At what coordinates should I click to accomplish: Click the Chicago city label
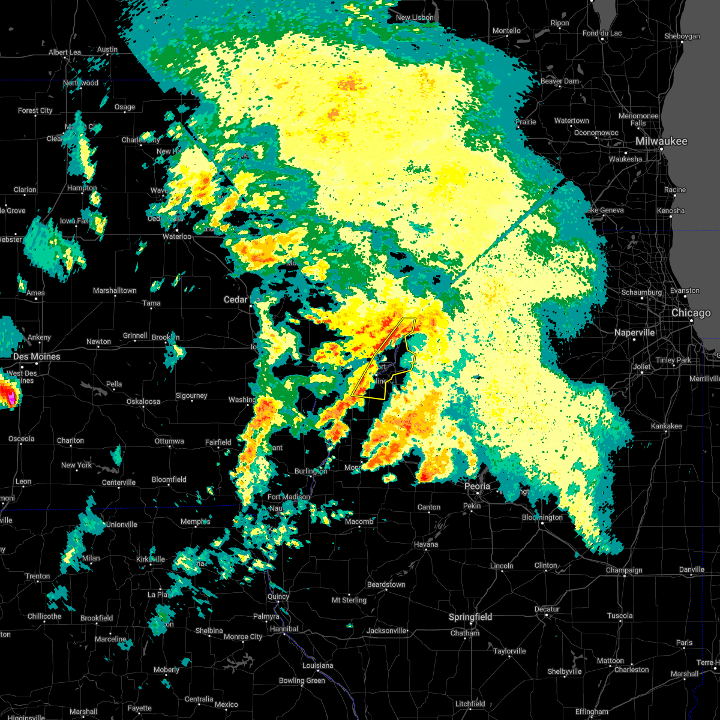point(691,313)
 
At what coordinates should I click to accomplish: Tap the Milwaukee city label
point(661,142)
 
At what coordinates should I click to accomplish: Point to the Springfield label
point(471,617)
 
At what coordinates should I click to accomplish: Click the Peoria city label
point(477,486)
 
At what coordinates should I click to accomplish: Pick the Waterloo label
point(176,236)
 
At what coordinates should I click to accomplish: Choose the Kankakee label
point(666,426)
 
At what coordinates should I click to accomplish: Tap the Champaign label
point(624,570)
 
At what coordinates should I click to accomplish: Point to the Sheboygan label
point(682,36)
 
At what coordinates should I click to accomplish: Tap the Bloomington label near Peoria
point(542,517)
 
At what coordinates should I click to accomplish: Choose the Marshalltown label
point(115,290)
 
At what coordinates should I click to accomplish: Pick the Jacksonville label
point(386,631)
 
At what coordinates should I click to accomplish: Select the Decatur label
point(547,609)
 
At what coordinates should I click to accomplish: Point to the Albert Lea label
point(65,52)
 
